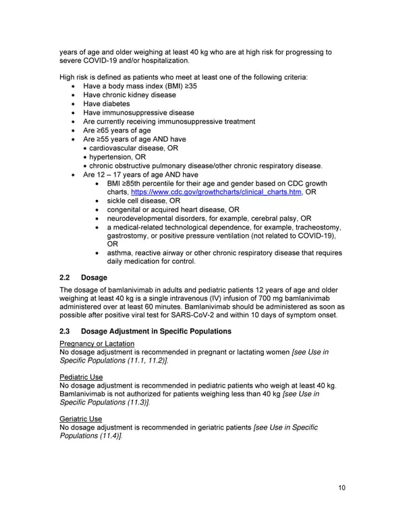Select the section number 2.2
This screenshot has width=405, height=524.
tap(67, 278)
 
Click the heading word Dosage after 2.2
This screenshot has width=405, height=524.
tap(94, 278)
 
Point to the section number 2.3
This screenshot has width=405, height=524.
tap(67, 332)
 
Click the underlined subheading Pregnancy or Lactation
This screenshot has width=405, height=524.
tap(97, 344)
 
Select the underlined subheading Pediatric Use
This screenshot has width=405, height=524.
tap(82, 376)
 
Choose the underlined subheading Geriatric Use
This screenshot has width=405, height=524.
tap(81, 418)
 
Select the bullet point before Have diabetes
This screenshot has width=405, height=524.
tap(73, 105)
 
